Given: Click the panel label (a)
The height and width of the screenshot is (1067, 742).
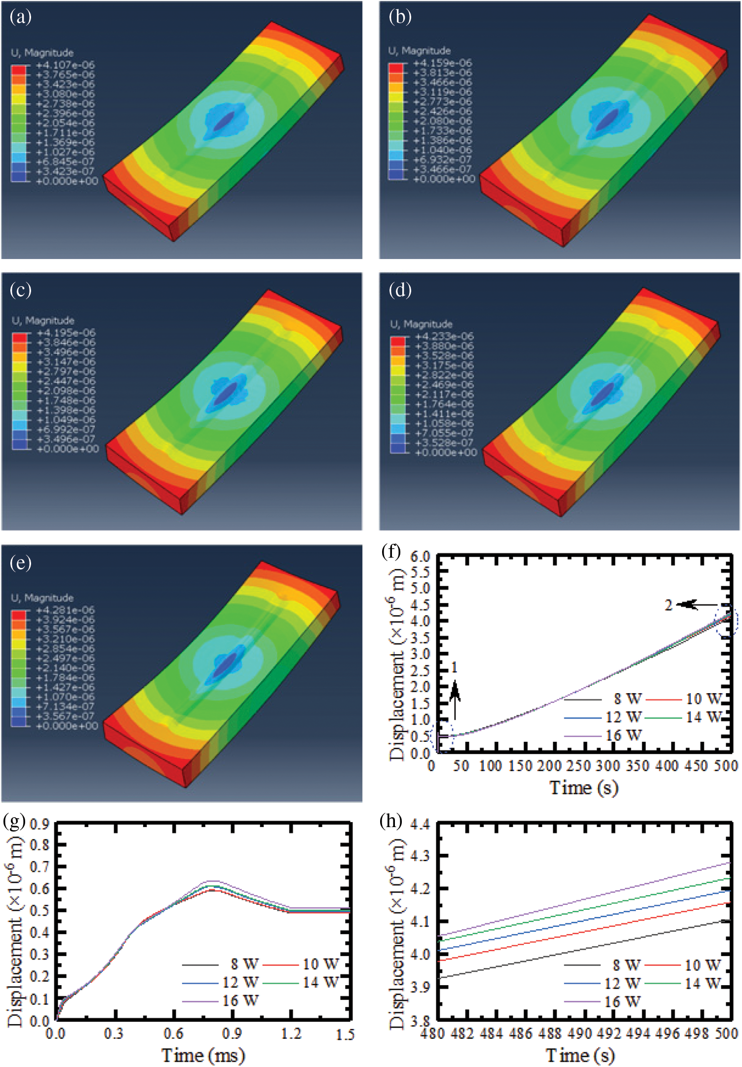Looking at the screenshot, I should click(20, 17).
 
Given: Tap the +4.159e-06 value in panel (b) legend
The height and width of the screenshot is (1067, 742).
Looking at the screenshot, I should click(442, 63).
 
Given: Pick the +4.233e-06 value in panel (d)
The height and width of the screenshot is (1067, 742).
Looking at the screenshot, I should click(444, 336).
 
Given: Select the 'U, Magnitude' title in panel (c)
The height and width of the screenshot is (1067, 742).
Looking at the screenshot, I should click(43, 321).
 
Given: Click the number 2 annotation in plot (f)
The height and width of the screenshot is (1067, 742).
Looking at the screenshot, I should click(668, 605).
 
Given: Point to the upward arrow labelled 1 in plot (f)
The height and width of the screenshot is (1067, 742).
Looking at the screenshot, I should click(455, 700).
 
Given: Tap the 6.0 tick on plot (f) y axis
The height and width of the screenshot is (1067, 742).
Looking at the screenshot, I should click(420, 556).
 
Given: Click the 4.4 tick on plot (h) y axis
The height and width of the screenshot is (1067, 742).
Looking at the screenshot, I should click(420, 823).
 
